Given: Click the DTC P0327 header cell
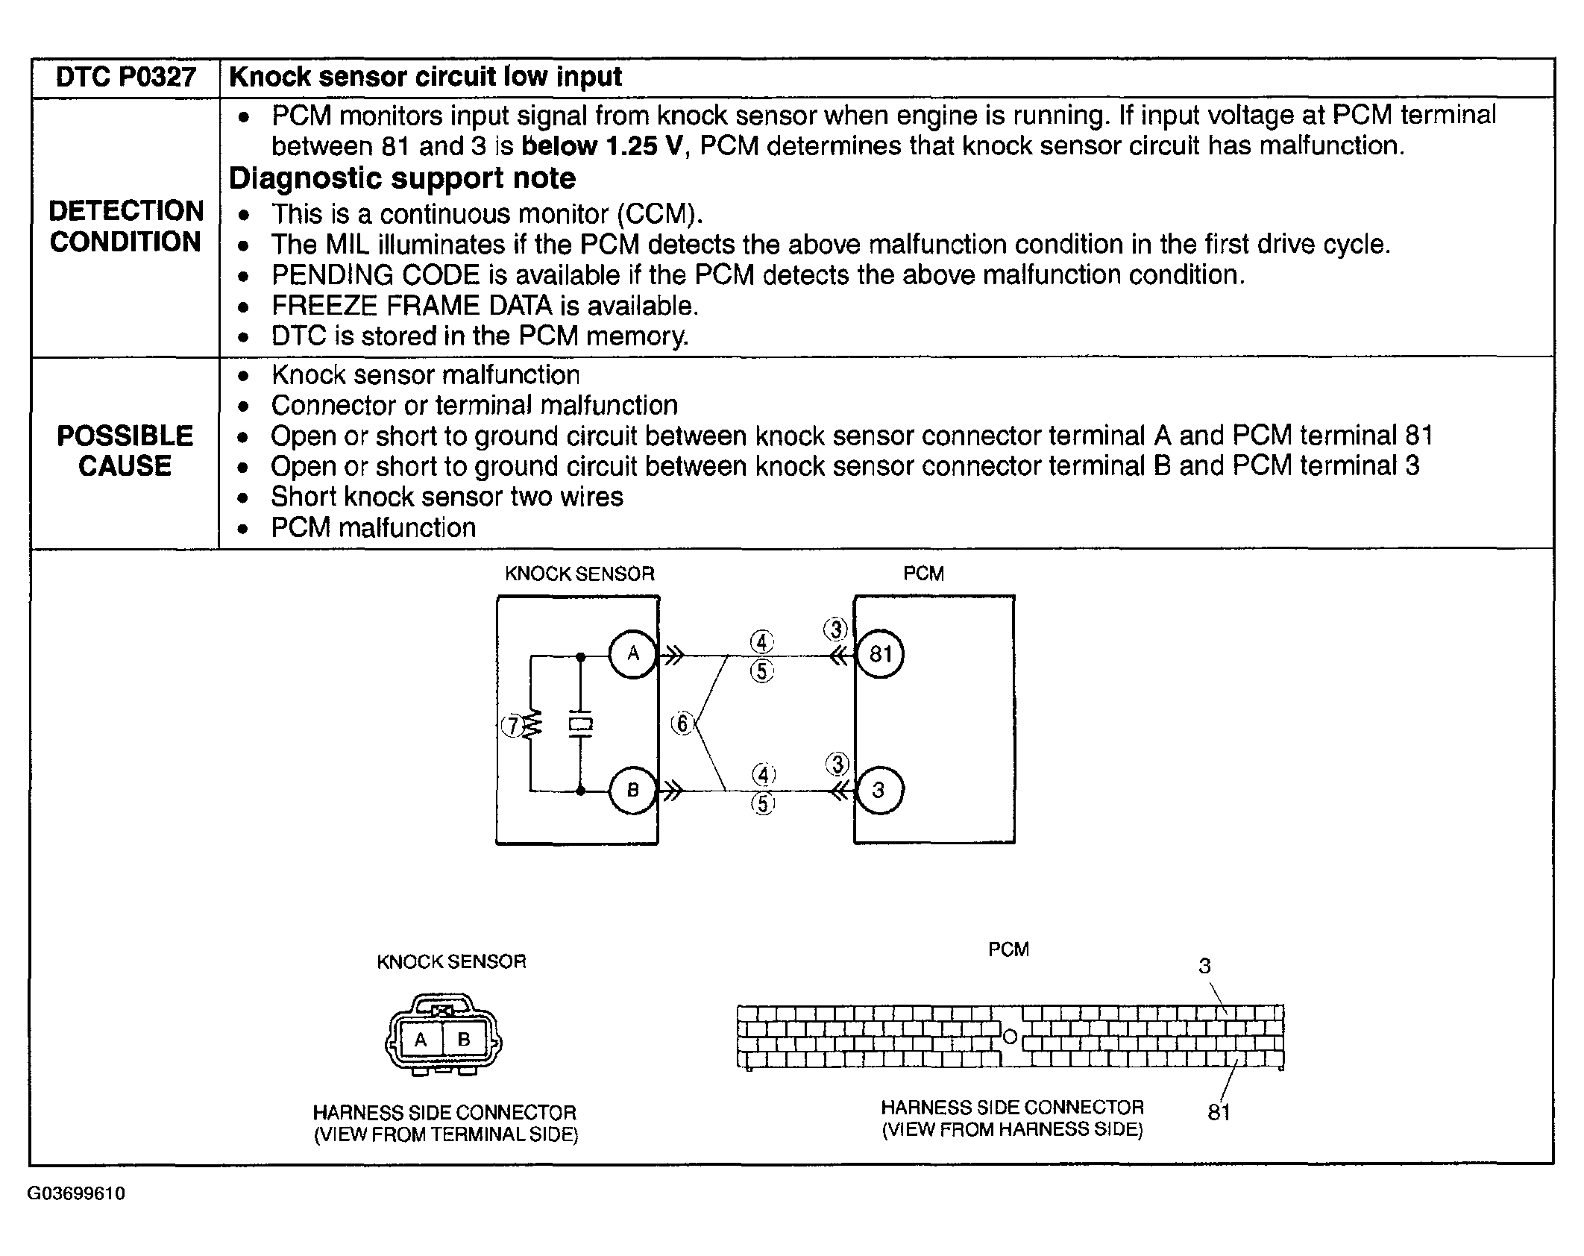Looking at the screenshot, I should tap(125, 78).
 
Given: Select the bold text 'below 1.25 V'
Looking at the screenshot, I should tap(601, 146).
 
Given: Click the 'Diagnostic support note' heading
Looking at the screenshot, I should tap(402, 179).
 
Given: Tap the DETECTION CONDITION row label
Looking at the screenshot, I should tap(125, 227).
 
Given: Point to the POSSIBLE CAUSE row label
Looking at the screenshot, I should tap(125, 451).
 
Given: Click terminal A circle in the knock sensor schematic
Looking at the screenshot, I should tap(632, 655).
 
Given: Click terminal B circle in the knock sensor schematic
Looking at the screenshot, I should tap(632, 791).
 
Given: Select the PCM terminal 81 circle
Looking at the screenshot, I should tap(880, 655).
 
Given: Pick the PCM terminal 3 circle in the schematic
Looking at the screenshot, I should tap(879, 791).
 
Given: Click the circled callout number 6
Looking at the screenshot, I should tap(682, 723).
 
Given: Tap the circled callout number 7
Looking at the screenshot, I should tap(512, 726).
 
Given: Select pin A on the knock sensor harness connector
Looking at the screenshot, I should tap(421, 1039).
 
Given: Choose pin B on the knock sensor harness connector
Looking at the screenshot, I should tap(464, 1039).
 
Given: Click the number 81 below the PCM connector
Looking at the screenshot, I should tap(1219, 1113).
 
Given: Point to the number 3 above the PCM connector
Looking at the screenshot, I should tap(1204, 967).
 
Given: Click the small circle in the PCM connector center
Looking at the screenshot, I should tap(1010, 1037).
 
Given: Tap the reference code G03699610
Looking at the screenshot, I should tap(76, 1193).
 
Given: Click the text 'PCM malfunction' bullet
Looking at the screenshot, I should tap(373, 528).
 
